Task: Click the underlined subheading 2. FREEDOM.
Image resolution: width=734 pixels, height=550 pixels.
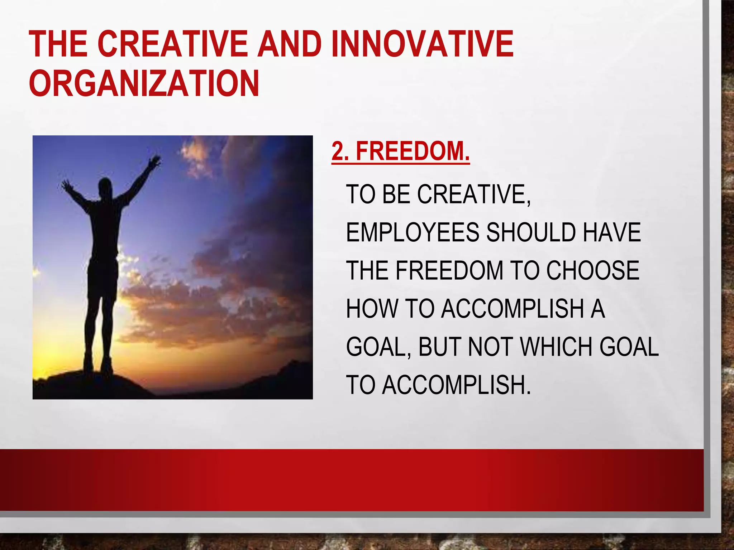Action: pyautogui.click(x=400, y=152)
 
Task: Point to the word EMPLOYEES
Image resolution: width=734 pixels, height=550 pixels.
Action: pyautogui.click(x=412, y=232)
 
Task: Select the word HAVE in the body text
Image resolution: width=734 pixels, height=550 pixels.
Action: pyautogui.click(x=611, y=232)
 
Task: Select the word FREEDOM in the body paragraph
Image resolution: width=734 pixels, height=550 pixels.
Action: pyautogui.click(x=449, y=270)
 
